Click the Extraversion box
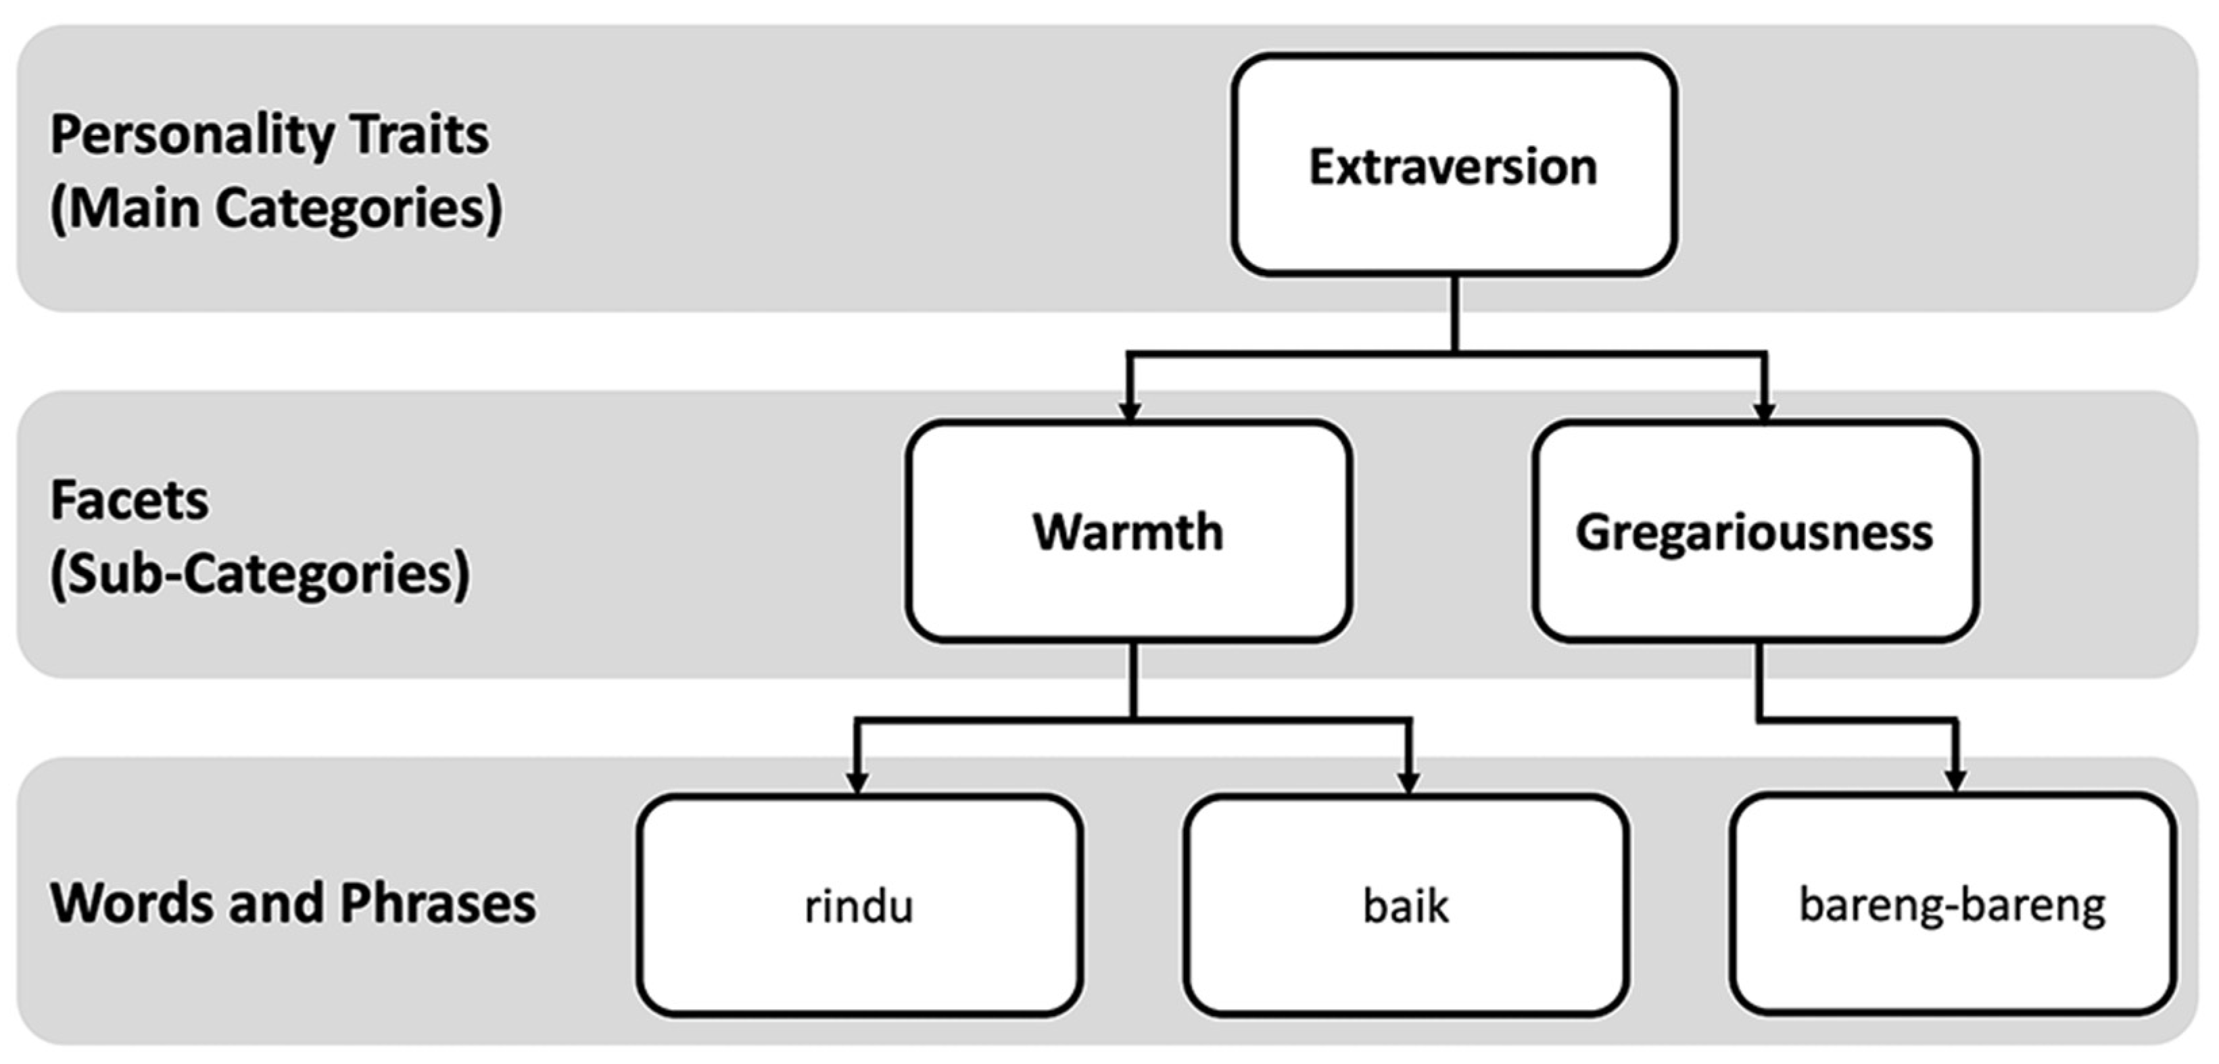point(1453,166)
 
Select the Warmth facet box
point(1128,531)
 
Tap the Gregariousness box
point(1755,531)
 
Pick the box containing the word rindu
point(859,905)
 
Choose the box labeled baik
point(1405,905)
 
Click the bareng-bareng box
point(1952,904)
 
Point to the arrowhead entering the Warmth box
point(1129,410)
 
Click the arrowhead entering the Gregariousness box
point(1764,411)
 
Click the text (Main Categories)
point(276,208)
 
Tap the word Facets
point(129,500)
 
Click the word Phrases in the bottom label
point(437,903)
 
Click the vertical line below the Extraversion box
point(1455,312)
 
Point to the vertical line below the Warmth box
point(1132,679)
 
